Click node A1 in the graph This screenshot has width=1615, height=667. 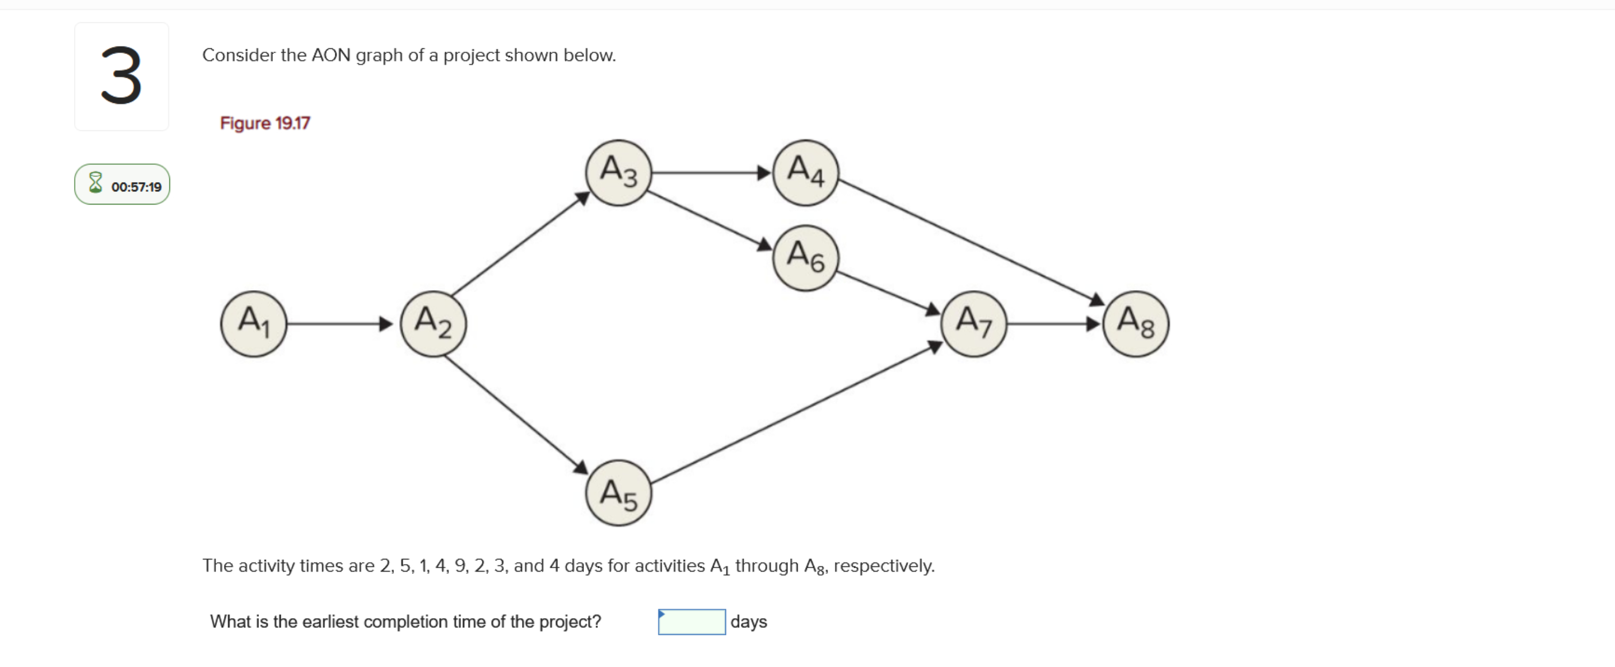click(253, 323)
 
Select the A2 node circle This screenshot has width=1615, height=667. click(433, 323)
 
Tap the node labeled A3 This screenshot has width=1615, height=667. click(618, 172)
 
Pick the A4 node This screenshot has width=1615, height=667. click(805, 172)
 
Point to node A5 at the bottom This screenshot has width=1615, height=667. click(618, 493)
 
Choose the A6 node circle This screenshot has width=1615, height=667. click(805, 257)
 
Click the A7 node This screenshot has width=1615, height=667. click(973, 323)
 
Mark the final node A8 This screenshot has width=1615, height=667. click(1135, 323)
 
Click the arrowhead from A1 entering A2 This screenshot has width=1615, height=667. click(386, 323)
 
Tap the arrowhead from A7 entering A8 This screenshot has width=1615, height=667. click(1093, 323)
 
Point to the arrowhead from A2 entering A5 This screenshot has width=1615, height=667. click(581, 467)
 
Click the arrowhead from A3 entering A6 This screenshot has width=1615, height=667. click(764, 245)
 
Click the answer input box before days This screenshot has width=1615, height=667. click(691, 621)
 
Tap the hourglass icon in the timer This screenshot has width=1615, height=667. click(95, 183)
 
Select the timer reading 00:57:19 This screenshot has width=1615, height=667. click(136, 187)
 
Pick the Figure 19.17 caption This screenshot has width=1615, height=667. click(265, 123)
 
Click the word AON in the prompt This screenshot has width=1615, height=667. click(331, 55)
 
